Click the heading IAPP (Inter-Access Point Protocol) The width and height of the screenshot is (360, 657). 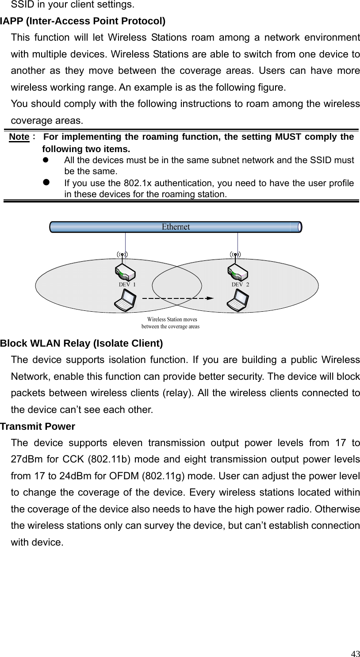point(83,21)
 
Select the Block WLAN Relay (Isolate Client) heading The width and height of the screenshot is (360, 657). point(82,344)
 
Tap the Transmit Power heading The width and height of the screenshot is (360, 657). point(38,427)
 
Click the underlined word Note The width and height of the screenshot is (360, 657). point(19,137)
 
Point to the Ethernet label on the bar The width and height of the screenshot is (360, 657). point(176,227)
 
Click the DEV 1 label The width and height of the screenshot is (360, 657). point(127,285)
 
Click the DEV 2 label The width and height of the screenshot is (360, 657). point(240,285)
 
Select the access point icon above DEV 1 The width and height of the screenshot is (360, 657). point(125,273)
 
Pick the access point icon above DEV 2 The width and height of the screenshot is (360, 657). point(237,273)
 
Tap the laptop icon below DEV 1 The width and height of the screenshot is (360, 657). point(125,300)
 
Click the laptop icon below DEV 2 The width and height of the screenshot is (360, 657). point(237,300)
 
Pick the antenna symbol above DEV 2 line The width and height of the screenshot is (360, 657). point(236,254)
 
